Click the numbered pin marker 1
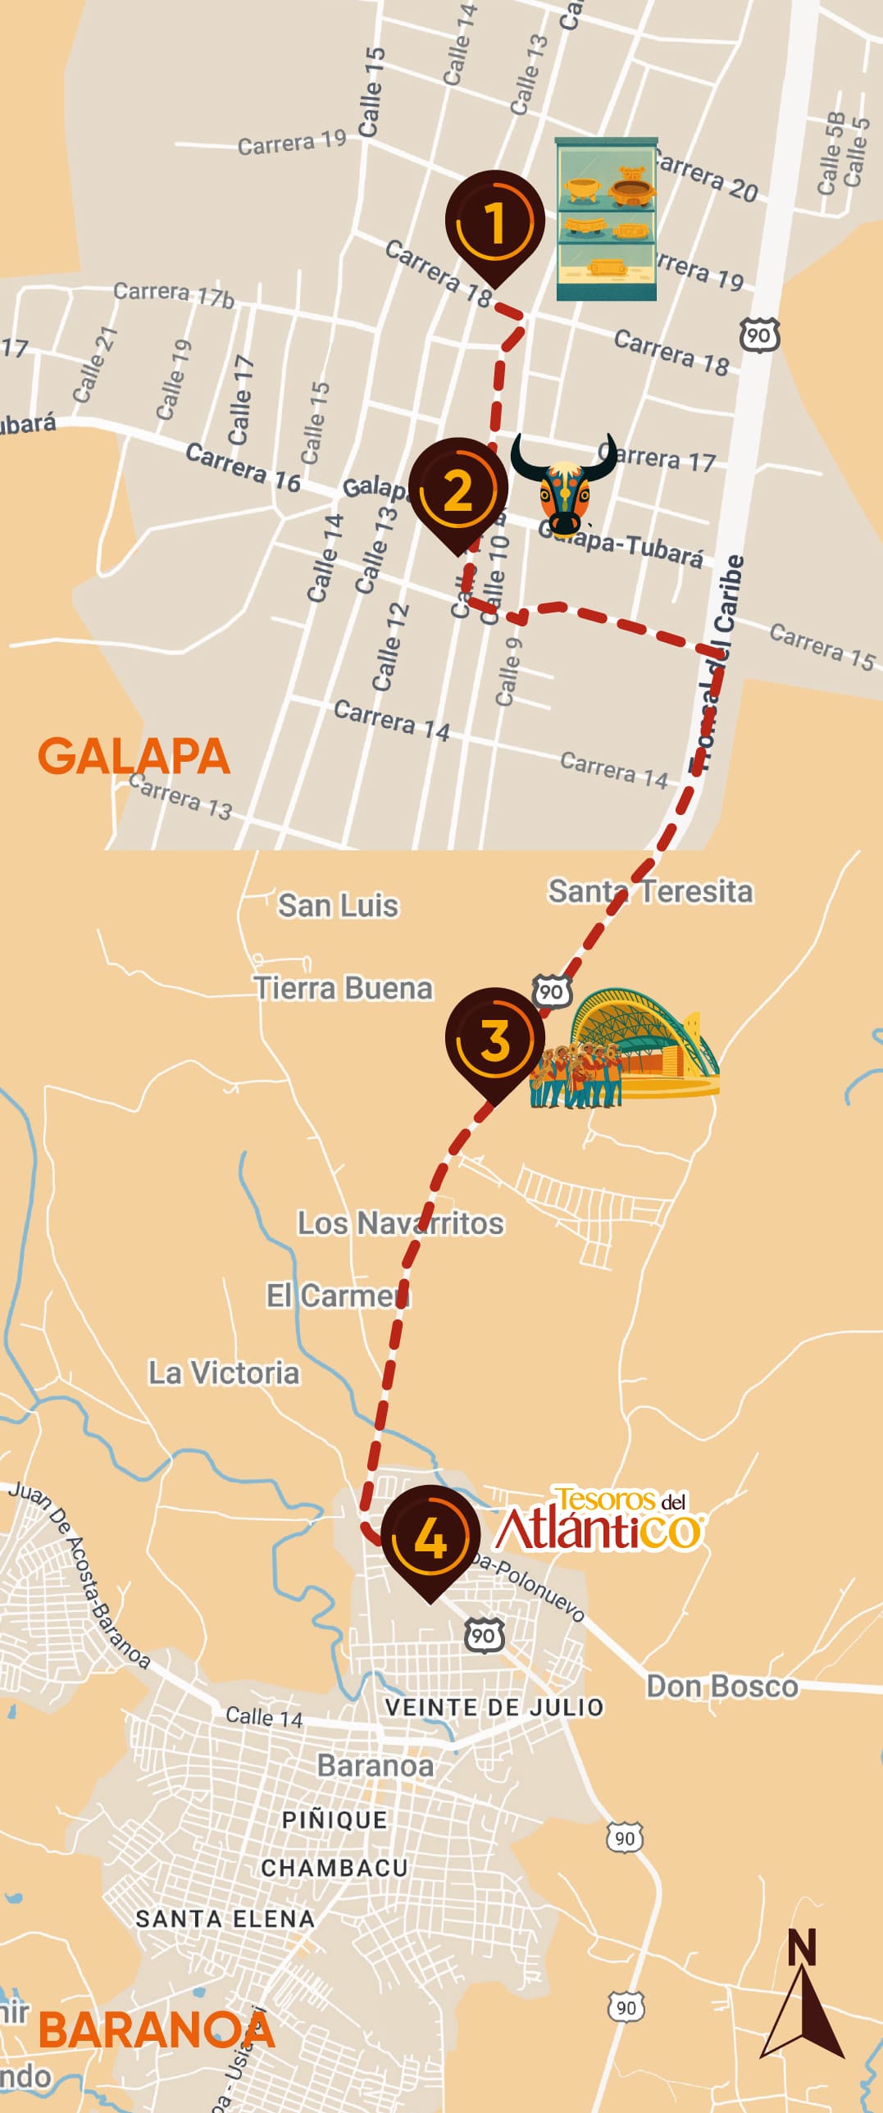point(494,222)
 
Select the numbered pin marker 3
point(494,1039)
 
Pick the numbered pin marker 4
point(430,1537)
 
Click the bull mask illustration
point(564,484)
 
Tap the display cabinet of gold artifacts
point(606,219)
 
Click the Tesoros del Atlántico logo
point(600,1519)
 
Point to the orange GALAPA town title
point(134,756)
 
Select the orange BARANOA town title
point(156,2031)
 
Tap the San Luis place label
point(338,905)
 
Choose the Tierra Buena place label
point(343,988)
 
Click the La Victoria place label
point(224,1373)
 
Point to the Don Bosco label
point(721,1686)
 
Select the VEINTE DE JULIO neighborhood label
point(494,1707)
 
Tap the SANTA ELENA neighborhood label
point(225,1919)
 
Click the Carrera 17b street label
point(173,294)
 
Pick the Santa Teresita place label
point(650,890)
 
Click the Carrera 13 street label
point(180,796)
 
